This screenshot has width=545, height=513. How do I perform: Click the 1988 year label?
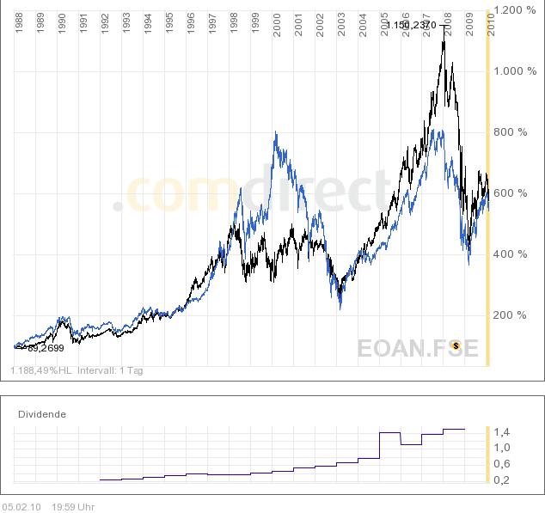point(19,23)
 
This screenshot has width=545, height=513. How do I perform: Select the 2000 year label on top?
point(277,23)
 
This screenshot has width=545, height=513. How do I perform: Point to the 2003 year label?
point(341,23)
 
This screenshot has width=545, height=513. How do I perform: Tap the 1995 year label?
point(169,23)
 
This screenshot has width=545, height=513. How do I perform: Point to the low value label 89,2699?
point(45,348)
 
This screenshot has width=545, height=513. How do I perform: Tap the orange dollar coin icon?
point(456,346)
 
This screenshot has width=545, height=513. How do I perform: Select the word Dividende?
point(42,413)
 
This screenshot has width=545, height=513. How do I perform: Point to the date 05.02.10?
point(21,506)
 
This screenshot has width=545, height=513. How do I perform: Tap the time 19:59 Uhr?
point(73,506)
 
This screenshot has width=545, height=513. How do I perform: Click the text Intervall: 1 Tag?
point(111,370)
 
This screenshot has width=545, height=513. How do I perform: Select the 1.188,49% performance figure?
point(34,370)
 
